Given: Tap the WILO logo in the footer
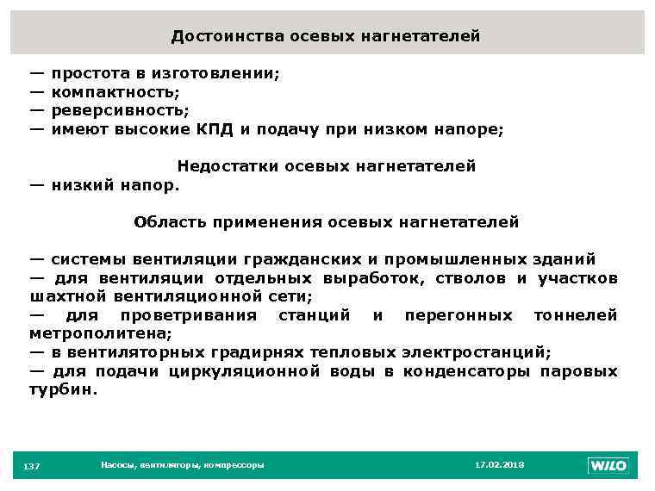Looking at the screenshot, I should pyautogui.click(x=608, y=465).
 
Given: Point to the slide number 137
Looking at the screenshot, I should pyautogui.click(x=32, y=466).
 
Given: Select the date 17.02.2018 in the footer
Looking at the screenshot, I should pyautogui.click(x=499, y=465).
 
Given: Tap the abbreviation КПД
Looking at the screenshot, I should pyautogui.click(x=215, y=129).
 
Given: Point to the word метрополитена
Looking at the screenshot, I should pyautogui.click(x=100, y=333).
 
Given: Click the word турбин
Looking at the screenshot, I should pyautogui.click(x=63, y=389).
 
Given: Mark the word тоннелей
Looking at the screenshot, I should pyautogui.click(x=575, y=315).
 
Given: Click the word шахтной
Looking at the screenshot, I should pyautogui.click(x=66, y=296).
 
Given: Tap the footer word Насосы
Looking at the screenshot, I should pyautogui.click(x=116, y=465).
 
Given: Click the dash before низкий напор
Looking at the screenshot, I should pyautogui.click(x=37, y=183).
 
